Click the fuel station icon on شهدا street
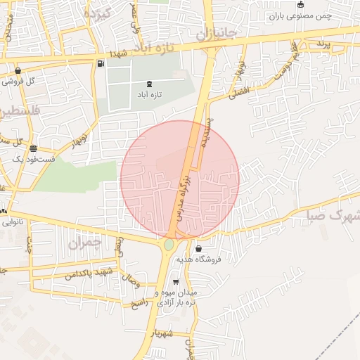click(102, 65)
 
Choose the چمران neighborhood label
click(85, 243)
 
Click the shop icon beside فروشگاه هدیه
click(198, 249)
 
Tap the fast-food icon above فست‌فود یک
click(34, 148)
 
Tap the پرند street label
click(322, 44)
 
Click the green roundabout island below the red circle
click(169, 245)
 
